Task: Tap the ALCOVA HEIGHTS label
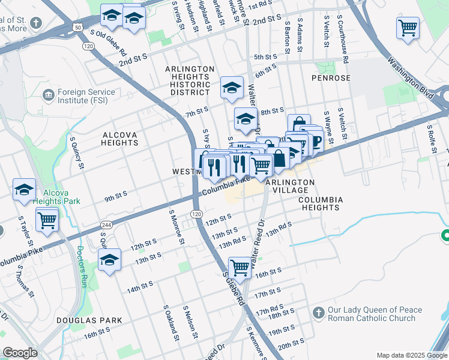pos(121,139)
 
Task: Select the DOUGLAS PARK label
pos(89,320)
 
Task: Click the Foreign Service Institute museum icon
pos(48,95)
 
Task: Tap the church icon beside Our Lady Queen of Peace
pos(319,313)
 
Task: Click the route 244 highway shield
pos(106,224)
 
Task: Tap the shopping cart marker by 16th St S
pos(240,267)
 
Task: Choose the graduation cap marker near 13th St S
pos(109,260)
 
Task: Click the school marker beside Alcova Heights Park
pos(24,190)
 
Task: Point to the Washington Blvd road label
pos(410,78)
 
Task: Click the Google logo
pos(20,353)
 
